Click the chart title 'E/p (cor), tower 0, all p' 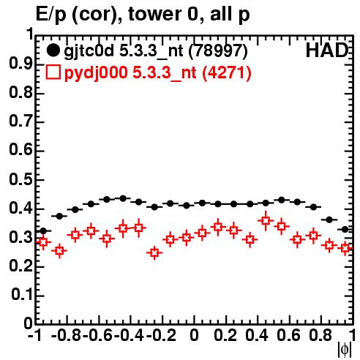(x=143, y=14)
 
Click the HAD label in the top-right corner (x=327, y=50)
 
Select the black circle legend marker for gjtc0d (x=53, y=50)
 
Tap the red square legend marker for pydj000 (x=53, y=72)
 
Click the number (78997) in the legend (x=218, y=51)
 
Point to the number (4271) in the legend (x=227, y=72)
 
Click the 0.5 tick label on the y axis (x=20, y=180)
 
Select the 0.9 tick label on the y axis (x=20, y=64)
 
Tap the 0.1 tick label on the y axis (x=22, y=295)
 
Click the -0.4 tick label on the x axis (x=129, y=336)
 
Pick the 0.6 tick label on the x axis (x=288, y=336)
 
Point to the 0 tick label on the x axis (x=194, y=336)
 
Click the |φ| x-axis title (x=345, y=350)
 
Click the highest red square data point (x=266, y=221)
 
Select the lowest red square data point (x=154, y=252)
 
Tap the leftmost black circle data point (x=43, y=230)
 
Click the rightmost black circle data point (x=345, y=229)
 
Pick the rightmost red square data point (x=345, y=248)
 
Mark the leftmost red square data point (x=43, y=242)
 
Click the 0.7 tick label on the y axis (x=20, y=122)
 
